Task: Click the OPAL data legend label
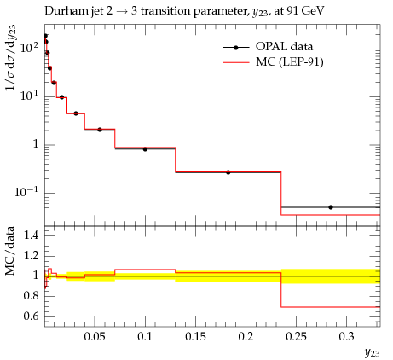[284, 46]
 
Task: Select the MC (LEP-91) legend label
[290, 61]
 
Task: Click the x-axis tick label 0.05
[95, 337]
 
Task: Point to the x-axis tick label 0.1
[145, 337]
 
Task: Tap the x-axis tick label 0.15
[195, 337]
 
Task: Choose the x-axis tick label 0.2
[246, 337]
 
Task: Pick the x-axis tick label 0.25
[296, 337]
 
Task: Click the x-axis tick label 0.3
[346, 337]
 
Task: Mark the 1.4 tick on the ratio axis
[31, 235]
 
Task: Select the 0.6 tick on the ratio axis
[31, 316]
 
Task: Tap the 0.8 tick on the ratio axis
[31, 296]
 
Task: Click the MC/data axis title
[10, 251]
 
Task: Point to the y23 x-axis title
[372, 352]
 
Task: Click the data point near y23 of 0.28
[331, 207]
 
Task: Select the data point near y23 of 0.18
[228, 172]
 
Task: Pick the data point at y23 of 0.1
[145, 149]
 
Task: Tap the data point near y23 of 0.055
[100, 130]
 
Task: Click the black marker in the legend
[235, 48]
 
